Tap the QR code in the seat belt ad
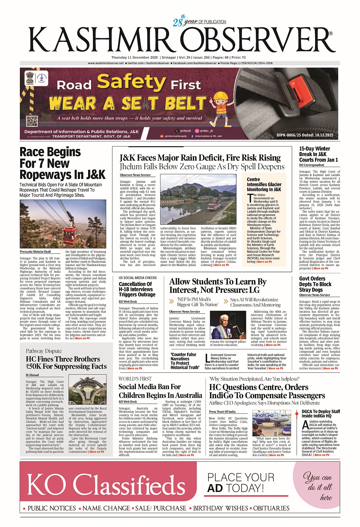tap(32, 121)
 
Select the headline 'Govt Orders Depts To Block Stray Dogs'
tap(315, 284)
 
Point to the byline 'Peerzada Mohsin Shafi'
tap(35, 252)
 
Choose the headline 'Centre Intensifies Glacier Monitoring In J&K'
tap(264, 184)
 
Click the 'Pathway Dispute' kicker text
tap(44, 351)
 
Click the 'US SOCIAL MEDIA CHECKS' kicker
tap(138, 278)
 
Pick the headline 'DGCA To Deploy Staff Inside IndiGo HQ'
tap(321, 413)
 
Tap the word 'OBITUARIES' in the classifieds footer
tap(271, 508)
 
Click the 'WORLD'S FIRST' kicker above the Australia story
tap(135, 379)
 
